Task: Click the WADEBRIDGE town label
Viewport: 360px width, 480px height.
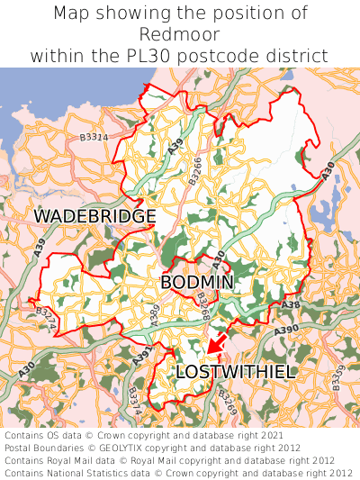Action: (x=94, y=217)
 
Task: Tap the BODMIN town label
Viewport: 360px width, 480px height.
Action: (x=197, y=283)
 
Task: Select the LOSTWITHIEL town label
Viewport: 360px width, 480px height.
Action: (x=235, y=372)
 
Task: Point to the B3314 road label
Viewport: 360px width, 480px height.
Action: (x=94, y=137)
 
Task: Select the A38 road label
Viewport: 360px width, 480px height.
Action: (x=290, y=305)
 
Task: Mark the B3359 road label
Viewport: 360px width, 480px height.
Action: (x=337, y=378)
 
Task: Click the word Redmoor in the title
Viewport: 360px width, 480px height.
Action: (x=179, y=34)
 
